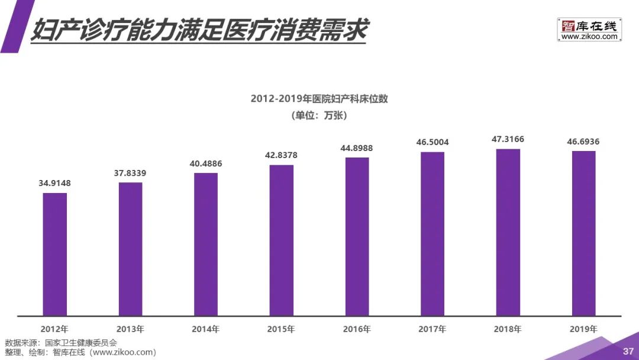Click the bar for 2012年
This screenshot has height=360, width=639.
click(54, 254)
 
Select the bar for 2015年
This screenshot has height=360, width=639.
click(281, 240)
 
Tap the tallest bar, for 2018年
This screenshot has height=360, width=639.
click(508, 232)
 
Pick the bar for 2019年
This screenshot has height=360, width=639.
click(583, 233)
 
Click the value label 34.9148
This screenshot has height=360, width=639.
click(54, 183)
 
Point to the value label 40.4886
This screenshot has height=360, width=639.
click(205, 163)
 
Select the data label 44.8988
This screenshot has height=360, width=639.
click(357, 148)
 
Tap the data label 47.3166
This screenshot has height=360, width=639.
click(508, 139)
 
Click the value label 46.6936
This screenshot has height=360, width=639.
click(583, 142)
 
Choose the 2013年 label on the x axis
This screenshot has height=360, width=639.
click(130, 329)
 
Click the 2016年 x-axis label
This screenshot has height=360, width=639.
click(357, 329)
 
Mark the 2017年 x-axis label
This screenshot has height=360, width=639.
click(432, 329)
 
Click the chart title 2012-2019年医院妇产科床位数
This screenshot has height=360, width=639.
click(319, 99)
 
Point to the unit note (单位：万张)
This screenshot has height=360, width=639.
click(319, 115)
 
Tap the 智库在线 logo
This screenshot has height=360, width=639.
click(589, 26)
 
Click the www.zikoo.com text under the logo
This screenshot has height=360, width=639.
click(589, 37)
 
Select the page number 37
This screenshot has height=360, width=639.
click(628, 352)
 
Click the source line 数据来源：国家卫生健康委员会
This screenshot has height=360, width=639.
click(61, 343)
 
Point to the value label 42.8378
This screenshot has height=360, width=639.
click(281, 155)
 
